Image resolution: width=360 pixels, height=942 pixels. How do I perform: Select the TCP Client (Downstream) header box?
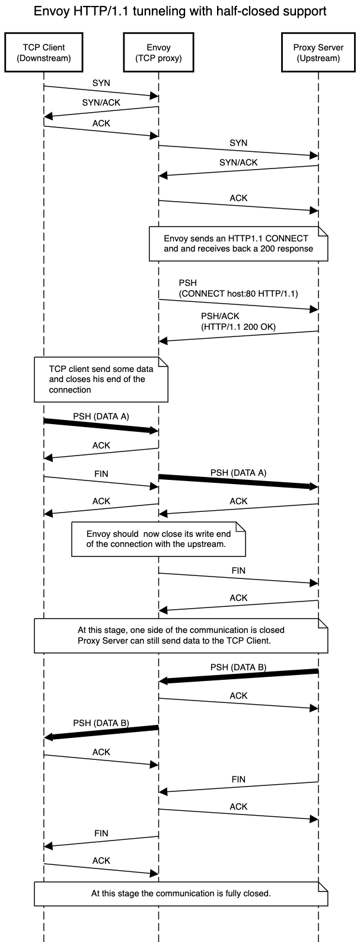click(44, 53)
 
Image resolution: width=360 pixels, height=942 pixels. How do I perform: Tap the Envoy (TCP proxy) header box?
click(158, 53)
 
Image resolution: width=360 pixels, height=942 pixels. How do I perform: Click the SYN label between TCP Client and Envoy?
click(101, 83)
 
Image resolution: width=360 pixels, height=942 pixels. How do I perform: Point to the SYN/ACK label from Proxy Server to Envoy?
click(238, 162)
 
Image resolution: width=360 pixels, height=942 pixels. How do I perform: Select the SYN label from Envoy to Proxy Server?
click(238, 143)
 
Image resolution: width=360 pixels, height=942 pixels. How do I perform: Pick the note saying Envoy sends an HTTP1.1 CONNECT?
click(238, 243)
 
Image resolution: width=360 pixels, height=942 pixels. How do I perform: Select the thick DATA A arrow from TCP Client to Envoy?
click(101, 425)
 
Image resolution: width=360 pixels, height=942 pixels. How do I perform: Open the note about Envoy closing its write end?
click(158, 539)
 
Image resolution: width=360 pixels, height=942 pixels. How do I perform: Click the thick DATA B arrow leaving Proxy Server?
click(238, 676)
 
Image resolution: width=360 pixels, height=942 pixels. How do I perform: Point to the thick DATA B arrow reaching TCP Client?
click(101, 732)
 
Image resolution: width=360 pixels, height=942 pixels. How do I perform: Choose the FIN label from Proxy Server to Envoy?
click(238, 779)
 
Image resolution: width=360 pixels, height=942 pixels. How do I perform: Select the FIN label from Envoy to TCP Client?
click(101, 833)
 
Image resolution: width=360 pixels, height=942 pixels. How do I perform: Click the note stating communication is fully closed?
click(181, 893)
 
